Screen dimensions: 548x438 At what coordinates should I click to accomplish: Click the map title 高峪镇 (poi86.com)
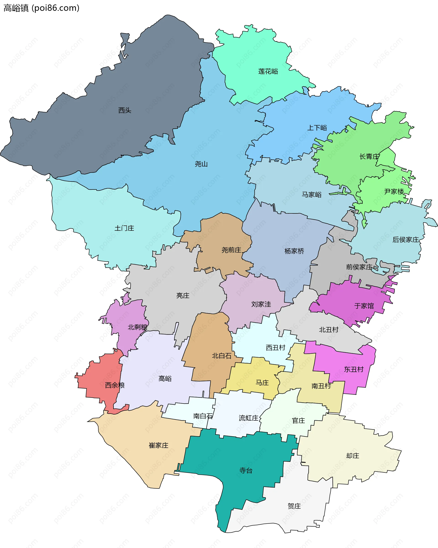pyautogui.click(x=42, y=8)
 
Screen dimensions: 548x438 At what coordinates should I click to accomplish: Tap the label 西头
pyautogui.click(x=125, y=110)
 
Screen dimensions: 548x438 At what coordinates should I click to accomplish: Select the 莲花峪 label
pyautogui.click(x=268, y=71)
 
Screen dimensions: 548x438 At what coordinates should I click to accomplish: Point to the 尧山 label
pyautogui.click(x=201, y=164)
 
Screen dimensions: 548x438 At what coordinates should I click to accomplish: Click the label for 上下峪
pyautogui.click(x=317, y=128)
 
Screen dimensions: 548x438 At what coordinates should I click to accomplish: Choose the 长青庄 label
pyautogui.click(x=369, y=157)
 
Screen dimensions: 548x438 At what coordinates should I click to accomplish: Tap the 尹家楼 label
pyautogui.click(x=394, y=192)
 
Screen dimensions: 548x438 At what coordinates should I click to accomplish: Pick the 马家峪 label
pyautogui.click(x=312, y=195)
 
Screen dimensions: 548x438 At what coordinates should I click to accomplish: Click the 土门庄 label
pyautogui.click(x=124, y=228)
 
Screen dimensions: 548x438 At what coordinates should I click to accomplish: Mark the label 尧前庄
pyautogui.click(x=231, y=250)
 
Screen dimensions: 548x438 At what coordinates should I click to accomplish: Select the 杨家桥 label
pyautogui.click(x=294, y=251)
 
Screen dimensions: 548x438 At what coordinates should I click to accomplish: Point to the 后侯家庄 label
pyautogui.click(x=405, y=240)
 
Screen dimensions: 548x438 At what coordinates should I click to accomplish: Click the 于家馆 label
pyautogui.click(x=364, y=306)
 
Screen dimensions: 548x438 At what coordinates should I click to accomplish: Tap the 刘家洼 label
pyautogui.click(x=261, y=304)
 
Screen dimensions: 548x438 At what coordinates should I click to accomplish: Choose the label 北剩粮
pyautogui.click(x=137, y=327)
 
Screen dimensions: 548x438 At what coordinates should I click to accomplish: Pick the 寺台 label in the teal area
pyautogui.click(x=246, y=470)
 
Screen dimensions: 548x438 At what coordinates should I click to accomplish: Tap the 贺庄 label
pyautogui.click(x=294, y=506)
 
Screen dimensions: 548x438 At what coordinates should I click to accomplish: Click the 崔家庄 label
pyautogui.click(x=159, y=445)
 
